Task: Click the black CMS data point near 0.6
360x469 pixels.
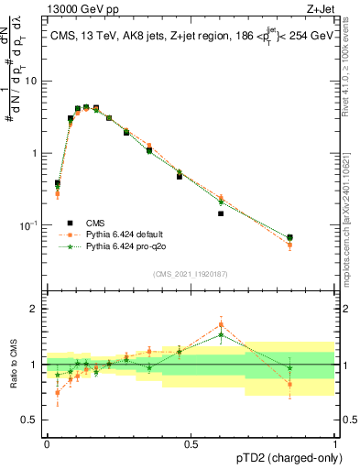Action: [221, 213]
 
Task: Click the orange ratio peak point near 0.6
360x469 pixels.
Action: [221, 324]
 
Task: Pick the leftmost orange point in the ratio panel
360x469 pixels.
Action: [57, 393]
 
